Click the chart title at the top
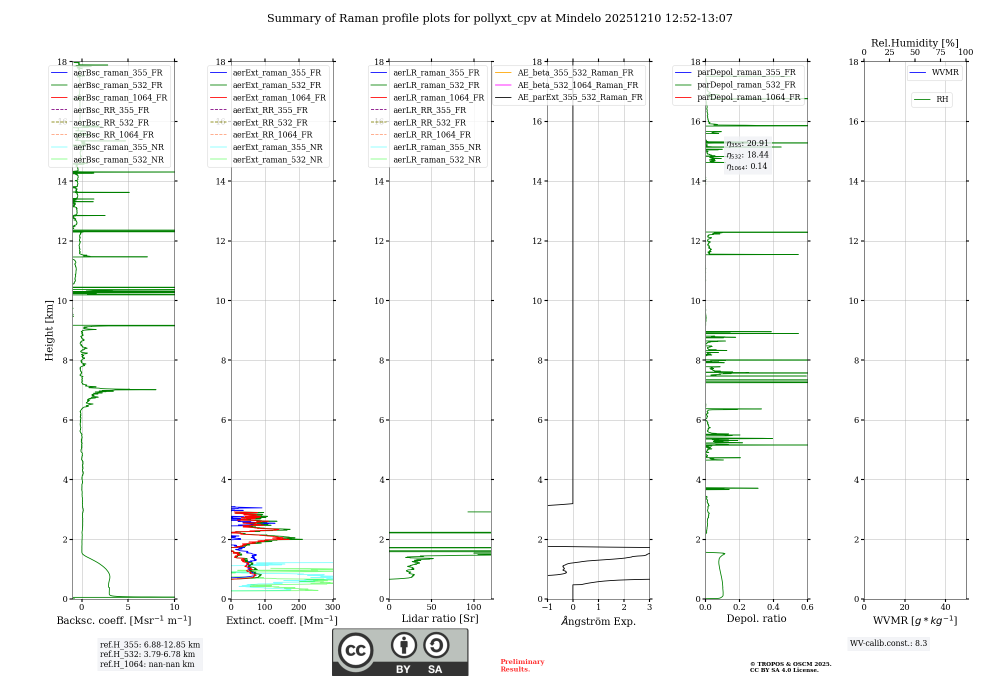coord(499,18)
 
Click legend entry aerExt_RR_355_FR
coord(270,110)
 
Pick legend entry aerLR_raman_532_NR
coord(436,159)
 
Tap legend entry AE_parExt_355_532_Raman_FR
coord(579,97)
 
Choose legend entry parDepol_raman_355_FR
coord(746,72)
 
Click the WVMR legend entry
coord(945,72)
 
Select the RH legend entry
coord(942,99)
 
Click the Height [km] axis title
coord(49,330)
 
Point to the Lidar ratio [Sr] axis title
coord(440,618)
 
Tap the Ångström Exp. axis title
coord(598,621)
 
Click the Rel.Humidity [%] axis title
coord(914,43)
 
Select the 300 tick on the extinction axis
coord(332,607)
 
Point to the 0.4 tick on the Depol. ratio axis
coord(773,607)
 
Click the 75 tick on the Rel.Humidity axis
coord(940,52)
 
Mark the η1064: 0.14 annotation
coord(747,166)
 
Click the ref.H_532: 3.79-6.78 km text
coord(147,654)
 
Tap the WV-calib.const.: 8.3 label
coord(888,643)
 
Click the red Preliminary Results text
coord(522,665)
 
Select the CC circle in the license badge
coord(355,650)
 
